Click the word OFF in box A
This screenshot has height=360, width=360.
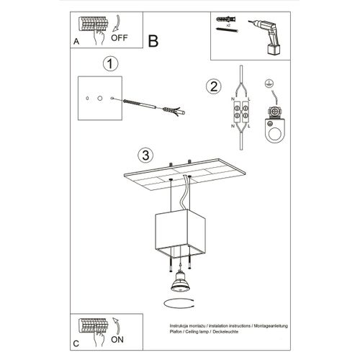click(x=122, y=41)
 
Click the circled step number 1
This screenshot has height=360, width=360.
click(x=109, y=64)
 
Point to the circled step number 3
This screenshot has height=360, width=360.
click(x=145, y=155)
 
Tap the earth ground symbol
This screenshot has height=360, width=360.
click(x=271, y=84)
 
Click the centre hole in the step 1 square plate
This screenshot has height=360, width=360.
click(x=100, y=96)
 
